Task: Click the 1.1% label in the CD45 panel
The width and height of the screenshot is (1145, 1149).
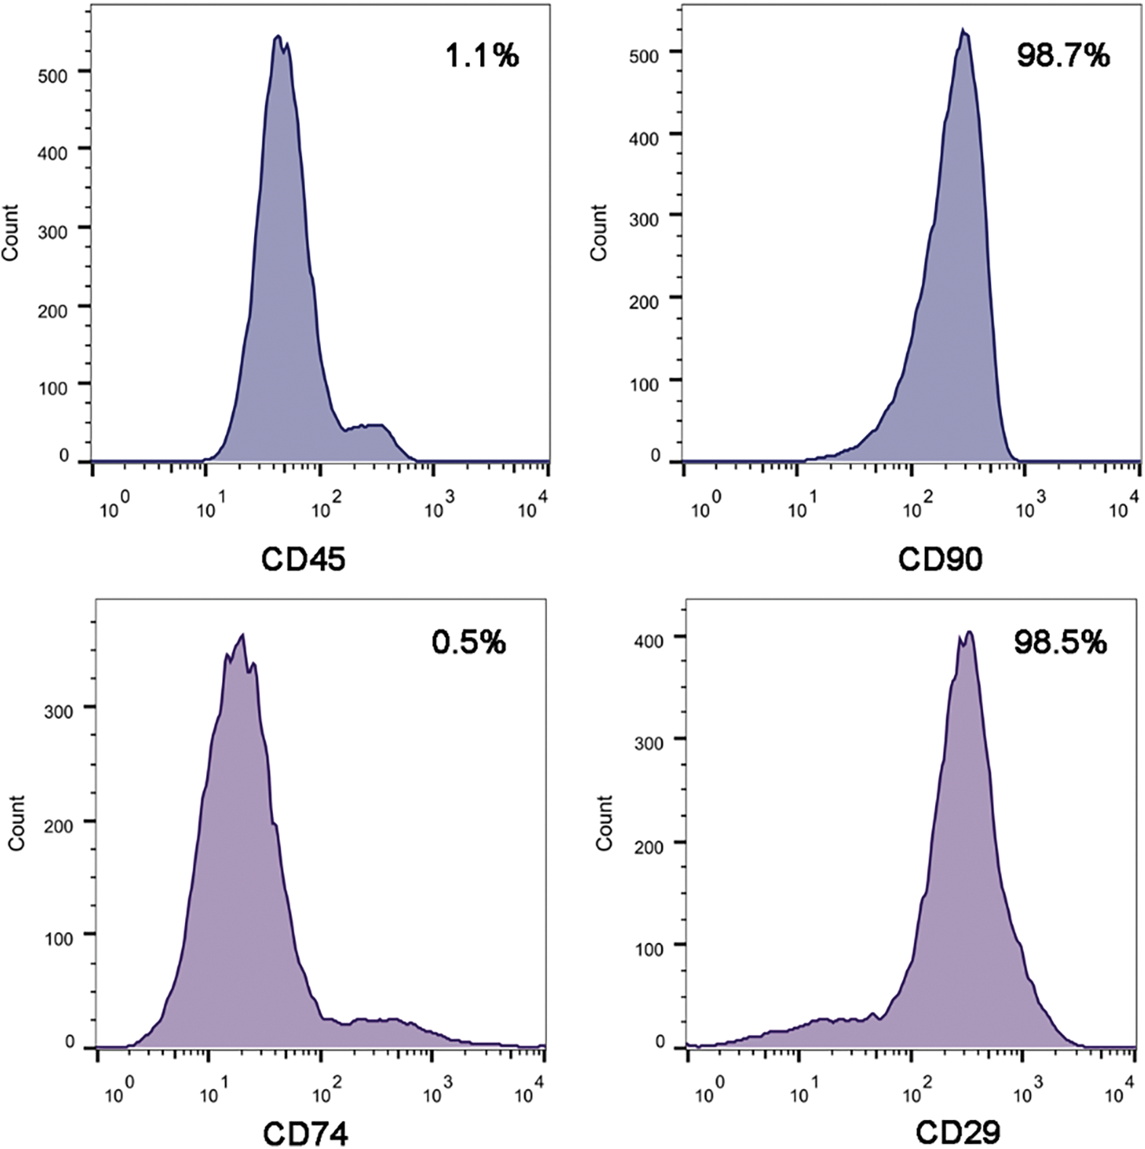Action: coord(482,56)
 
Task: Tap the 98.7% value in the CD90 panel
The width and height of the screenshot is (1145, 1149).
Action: coord(1063,56)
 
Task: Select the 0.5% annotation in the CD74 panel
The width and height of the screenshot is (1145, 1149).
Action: coord(469,642)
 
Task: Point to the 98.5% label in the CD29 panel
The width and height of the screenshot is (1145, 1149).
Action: coord(1060,642)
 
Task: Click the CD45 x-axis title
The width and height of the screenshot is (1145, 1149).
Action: coord(303,559)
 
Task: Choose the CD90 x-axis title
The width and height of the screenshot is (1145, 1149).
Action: coord(940,559)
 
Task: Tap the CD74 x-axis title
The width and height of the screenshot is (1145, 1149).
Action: coord(305,1134)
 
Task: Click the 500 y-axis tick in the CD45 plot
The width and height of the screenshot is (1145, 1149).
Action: coord(52,75)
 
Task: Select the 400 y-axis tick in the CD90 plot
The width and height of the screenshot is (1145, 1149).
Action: coord(644,138)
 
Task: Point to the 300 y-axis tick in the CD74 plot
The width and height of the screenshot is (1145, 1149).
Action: coord(59,711)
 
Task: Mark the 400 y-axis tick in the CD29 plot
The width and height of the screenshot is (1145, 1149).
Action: coord(649,640)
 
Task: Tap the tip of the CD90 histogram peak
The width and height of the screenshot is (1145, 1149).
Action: coord(962,30)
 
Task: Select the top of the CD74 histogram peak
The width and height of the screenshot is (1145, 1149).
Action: coord(242,635)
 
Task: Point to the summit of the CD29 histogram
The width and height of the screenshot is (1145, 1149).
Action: coord(968,632)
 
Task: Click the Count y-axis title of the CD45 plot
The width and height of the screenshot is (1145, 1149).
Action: coord(10,233)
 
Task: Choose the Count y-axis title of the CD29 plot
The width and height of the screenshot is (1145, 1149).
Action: coord(604,823)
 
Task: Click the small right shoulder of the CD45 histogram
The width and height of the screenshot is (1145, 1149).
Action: coord(369,426)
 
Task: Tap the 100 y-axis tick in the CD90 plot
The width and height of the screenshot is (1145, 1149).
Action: coord(644,384)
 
